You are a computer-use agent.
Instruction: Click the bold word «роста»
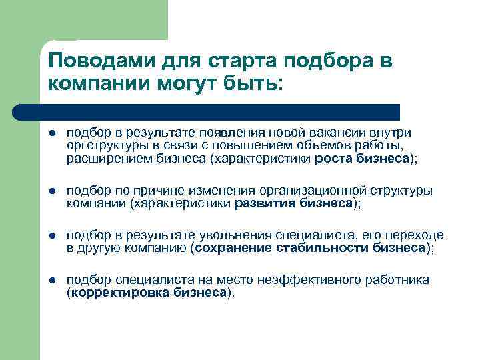pyautogui.click(x=334, y=158)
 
